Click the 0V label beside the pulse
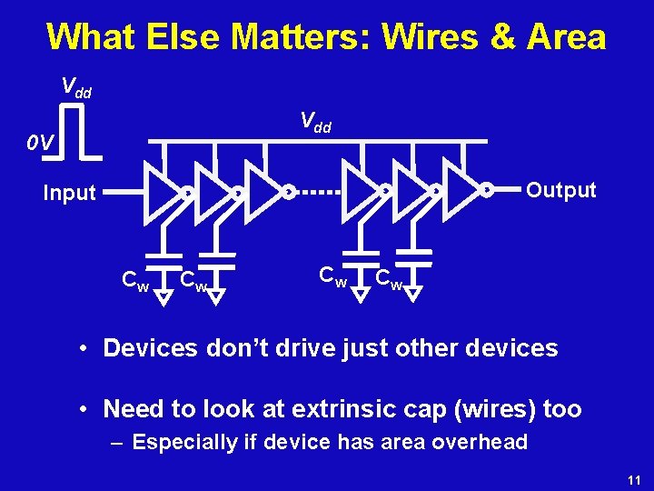[x=41, y=143]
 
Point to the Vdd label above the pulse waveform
[x=75, y=87]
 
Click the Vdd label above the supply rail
[x=315, y=121]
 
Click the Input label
[x=70, y=193]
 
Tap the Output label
[x=561, y=190]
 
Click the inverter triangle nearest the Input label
[x=162, y=192]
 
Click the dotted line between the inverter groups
[x=318, y=192]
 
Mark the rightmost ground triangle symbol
[x=412, y=293]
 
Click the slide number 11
[x=634, y=478]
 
